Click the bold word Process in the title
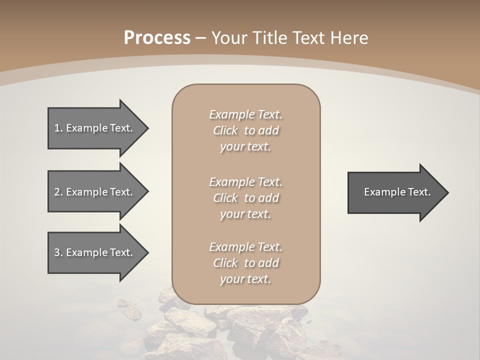(157, 38)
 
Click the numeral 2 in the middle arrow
(57, 192)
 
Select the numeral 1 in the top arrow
(57, 128)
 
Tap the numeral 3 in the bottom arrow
(57, 252)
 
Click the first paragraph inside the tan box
(245, 130)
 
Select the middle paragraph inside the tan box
(245, 198)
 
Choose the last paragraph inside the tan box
(245, 263)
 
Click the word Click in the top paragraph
(225, 131)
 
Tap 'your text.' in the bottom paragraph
(245, 279)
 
